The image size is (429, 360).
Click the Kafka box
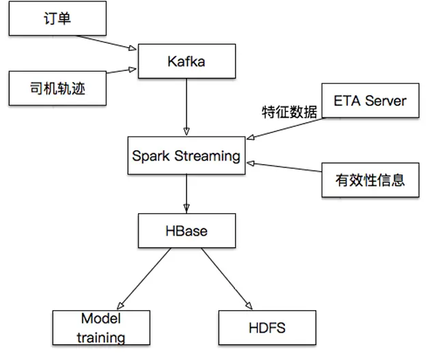click(186, 61)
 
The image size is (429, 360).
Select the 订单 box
click(57, 18)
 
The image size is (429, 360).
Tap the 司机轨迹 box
click(57, 88)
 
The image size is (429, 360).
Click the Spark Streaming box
click(186, 156)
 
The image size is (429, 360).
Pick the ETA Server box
click(370, 101)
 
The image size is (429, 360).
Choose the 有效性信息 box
click(370, 180)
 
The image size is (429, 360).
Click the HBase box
click(186, 230)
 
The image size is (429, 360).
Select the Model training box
click(102, 328)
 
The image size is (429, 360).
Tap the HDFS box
click(267, 328)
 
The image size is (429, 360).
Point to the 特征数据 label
click(290, 112)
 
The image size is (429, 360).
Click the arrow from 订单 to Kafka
click(122, 43)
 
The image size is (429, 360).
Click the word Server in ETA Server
click(385, 101)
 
